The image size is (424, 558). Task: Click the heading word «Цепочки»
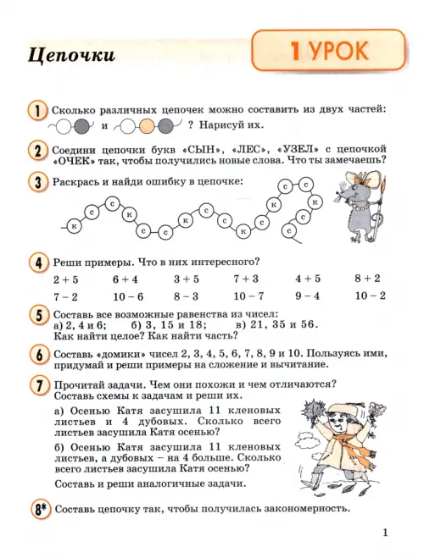pyautogui.click(x=71, y=56)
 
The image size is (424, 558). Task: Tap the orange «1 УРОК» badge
pyautogui.click(x=328, y=50)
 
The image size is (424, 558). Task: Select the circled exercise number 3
pyautogui.click(x=37, y=183)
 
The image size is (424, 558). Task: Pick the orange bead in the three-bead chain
pyautogui.click(x=147, y=126)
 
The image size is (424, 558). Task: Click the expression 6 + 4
pyautogui.click(x=125, y=279)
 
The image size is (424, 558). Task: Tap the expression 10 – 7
pyautogui.click(x=248, y=296)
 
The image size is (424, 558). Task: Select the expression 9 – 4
pyautogui.click(x=308, y=296)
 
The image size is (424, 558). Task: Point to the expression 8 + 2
pyautogui.click(x=367, y=279)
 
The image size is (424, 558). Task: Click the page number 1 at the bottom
pyautogui.click(x=385, y=533)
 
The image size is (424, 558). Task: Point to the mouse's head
pyautogui.click(x=354, y=191)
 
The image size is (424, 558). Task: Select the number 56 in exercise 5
pyautogui.click(x=308, y=324)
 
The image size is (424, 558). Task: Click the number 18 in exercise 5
pyautogui.click(x=198, y=325)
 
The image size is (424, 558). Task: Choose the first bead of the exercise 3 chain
pyautogui.click(x=74, y=226)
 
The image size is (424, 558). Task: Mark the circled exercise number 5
pyautogui.click(x=38, y=315)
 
